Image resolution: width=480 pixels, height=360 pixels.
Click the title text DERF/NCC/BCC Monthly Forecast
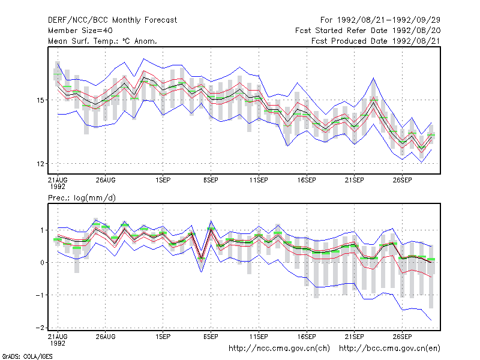point(112,20)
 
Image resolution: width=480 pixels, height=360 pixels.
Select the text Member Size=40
point(80,31)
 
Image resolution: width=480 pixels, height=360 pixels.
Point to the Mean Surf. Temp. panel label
point(102,41)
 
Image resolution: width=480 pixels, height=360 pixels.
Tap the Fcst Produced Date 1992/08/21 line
point(376,41)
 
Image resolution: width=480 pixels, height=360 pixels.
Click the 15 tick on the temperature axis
point(41,100)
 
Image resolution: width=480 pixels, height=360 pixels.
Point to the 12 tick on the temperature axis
point(41,164)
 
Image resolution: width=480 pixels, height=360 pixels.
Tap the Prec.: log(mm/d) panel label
point(82,198)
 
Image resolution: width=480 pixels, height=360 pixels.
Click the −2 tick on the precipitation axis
point(40,328)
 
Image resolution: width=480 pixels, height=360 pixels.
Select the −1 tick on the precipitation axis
point(40,295)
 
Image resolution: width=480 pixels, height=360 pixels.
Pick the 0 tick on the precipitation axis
point(42,263)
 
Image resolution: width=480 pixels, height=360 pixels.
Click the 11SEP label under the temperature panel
point(259,181)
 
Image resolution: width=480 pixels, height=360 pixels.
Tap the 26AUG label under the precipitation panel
point(106,337)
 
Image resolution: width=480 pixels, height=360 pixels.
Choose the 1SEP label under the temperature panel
point(163,181)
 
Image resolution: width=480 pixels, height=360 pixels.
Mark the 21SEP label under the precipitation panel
point(355,337)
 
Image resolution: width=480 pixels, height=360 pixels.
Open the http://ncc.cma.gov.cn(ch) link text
point(279,349)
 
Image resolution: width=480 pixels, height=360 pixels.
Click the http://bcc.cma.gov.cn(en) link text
point(389,349)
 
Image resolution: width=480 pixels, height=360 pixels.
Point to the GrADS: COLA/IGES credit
point(28,356)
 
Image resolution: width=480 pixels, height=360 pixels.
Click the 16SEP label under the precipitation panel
point(307,337)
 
